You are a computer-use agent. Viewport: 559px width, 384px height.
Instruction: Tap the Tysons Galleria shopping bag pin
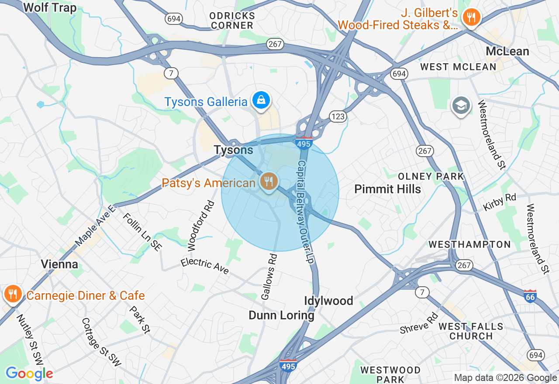tap(261, 100)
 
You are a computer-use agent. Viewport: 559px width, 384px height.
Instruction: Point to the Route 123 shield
tap(338, 117)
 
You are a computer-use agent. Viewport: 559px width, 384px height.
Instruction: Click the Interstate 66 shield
tap(530, 296)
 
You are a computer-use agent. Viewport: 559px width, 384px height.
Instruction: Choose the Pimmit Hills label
tap(387, 189)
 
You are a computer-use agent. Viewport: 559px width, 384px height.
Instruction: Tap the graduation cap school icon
tap(461, 106)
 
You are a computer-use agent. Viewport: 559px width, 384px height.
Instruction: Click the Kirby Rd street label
tap(499, 202)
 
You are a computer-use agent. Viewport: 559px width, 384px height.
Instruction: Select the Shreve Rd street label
tap(419, 323)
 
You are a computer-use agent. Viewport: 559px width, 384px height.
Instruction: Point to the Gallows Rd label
tap(269, 277)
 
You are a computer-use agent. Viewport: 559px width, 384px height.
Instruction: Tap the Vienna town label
tap(59, 264)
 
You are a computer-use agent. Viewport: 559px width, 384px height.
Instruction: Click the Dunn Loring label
tap(281, 315)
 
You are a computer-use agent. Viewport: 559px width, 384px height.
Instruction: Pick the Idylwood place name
tap(328, 301)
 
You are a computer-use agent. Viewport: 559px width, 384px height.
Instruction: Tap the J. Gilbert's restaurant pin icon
tap(471, 17)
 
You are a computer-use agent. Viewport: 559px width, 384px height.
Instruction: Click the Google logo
tap(29, 374)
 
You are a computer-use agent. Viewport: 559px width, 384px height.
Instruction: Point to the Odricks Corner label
tap(232, 21)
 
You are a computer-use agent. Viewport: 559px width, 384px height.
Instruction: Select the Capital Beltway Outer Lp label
tap(305, 212)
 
